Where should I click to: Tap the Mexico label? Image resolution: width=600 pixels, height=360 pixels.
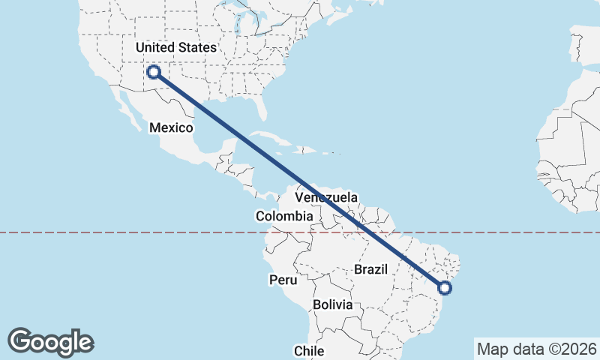(x=171, y=127)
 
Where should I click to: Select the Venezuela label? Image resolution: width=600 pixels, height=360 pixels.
(x=326, y=197)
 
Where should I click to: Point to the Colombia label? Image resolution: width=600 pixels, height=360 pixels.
(x=283, y=216)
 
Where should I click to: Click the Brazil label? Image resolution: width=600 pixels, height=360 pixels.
(x=370, y=269)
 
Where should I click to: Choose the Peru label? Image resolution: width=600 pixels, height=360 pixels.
(x=283, y=280)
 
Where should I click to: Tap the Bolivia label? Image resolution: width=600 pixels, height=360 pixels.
(x=332, y=304)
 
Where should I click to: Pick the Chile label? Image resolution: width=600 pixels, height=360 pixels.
(x=308, y=350)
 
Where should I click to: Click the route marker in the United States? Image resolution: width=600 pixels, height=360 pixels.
(x=154, y=72)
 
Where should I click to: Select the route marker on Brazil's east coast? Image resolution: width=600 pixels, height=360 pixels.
(x=445, y=287)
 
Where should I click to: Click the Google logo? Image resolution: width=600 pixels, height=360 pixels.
(x=50, y=341)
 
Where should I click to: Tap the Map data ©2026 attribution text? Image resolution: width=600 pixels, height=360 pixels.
(x=536, y=349)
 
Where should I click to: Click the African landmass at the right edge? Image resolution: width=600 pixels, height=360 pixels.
(x=574, y=150)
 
